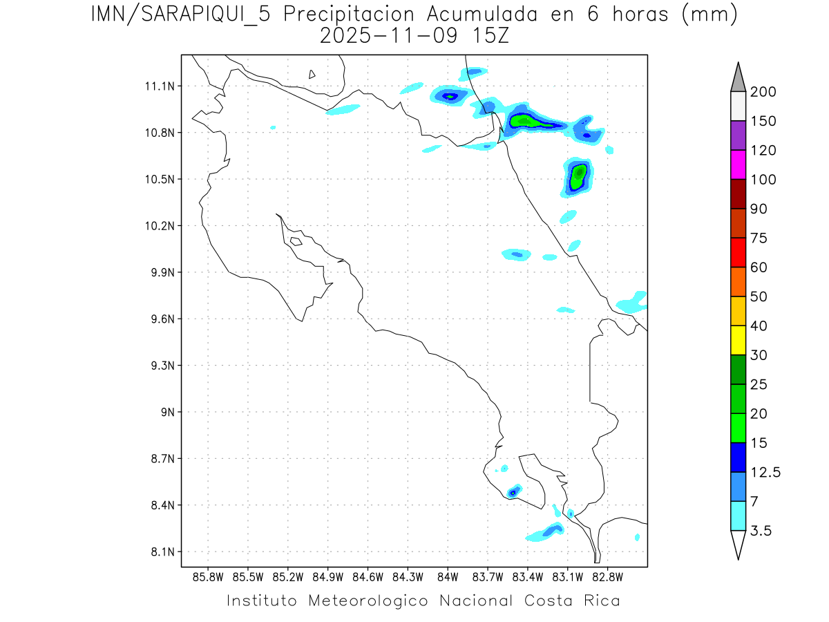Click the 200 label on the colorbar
[763, 93]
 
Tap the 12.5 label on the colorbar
[765, 473]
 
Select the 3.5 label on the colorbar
[762, 531]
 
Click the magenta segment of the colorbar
[738, 164]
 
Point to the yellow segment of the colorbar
[738, 340]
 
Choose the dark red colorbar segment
[738, 194]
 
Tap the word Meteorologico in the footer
[374, 601]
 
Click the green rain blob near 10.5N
[578, 177]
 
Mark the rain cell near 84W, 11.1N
[449, 96]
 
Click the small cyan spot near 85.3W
[274, 127]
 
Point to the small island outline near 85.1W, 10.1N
[296, 241]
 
